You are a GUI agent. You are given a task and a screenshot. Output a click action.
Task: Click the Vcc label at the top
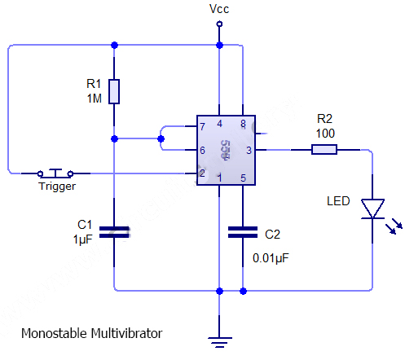click(x=219, y=9)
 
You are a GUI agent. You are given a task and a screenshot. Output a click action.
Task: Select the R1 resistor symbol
click(x=115, y=91)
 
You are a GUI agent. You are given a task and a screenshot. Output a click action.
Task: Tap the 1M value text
click(x=95, y=98)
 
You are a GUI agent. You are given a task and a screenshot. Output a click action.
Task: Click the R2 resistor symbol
click(x=324, y=149)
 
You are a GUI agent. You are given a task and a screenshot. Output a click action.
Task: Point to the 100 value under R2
click(x=325, y=132)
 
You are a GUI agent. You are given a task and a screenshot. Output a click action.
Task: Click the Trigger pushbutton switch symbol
click(x=56, y=172)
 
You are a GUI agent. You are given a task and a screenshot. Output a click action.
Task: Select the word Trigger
click(x=57, y=187)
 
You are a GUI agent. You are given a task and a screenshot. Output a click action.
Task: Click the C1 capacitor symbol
click(x=115, y=231)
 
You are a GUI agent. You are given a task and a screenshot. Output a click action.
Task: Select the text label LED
click(x=338, y=200)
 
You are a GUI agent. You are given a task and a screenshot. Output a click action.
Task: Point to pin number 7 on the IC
click(x=201, y=127)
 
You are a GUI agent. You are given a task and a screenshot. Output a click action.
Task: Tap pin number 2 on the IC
click(x=201, y=173)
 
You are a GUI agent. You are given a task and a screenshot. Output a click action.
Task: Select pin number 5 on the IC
click(x=242, y=178)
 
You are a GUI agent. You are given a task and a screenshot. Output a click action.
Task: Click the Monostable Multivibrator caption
click(x=91, y=334)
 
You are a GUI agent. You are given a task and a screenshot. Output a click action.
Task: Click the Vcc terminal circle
click(x=219, y=24)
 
